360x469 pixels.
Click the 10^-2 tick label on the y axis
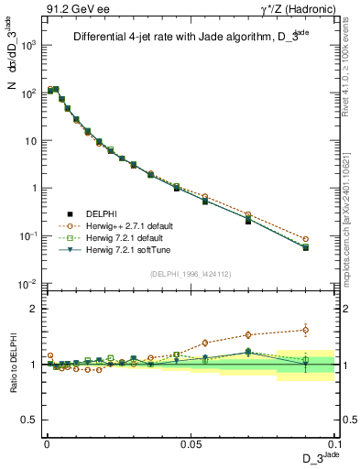27,284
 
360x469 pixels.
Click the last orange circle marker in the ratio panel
305,330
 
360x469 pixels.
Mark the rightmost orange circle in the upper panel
305,239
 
